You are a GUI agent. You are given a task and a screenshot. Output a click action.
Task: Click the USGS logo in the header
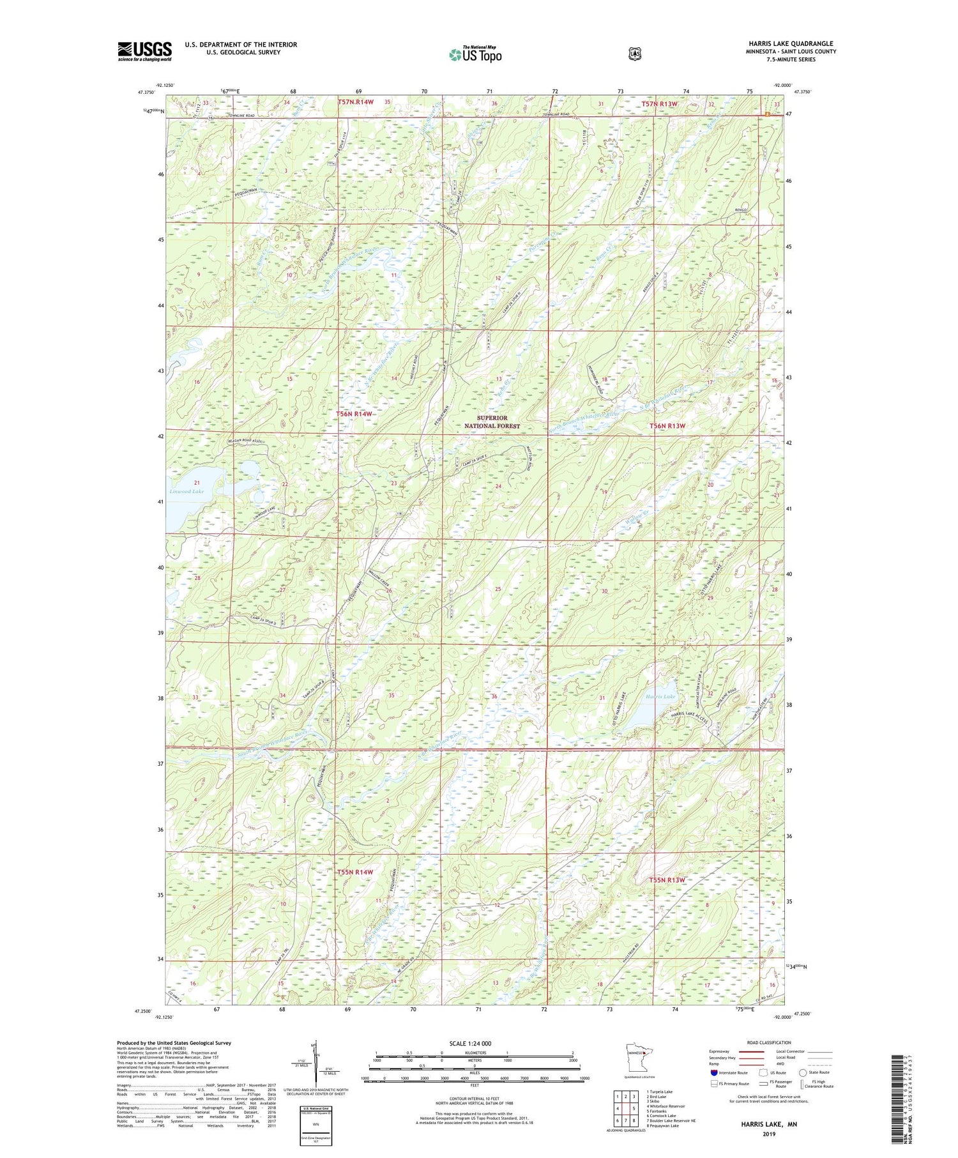click(x=144, y=51)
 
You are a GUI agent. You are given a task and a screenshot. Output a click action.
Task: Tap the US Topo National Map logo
click(x=475, y=54)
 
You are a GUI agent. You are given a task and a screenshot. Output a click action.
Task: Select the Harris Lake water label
click(x=660, y=696)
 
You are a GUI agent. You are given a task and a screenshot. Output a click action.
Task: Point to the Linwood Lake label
click(x=186, y=491)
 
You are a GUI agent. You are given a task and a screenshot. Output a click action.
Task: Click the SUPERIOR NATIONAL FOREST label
click(x=492, y=422)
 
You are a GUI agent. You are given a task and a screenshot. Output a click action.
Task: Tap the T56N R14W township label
click(x=354, y=414)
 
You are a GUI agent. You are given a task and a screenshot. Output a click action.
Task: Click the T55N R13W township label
click(x=667, y=880)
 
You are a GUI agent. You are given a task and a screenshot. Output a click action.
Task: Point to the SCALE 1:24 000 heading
click(x=474, y=1044)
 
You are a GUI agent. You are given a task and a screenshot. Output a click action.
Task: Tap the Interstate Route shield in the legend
click(x=713, y=1073)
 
